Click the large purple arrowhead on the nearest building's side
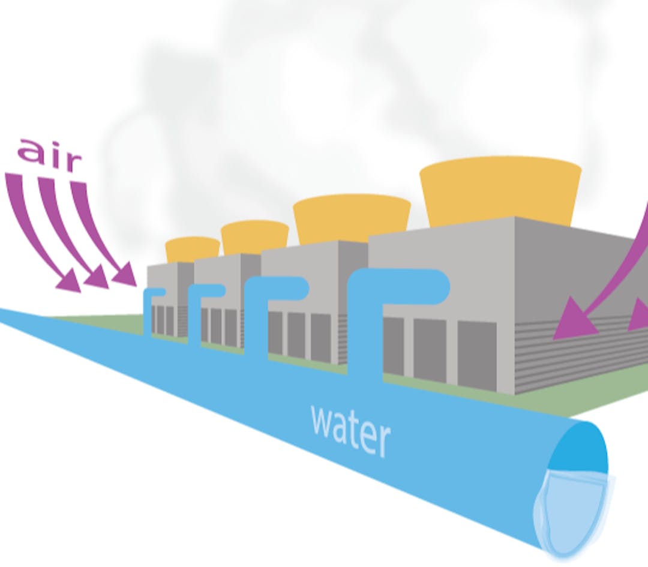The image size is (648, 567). click(x=572, y=324)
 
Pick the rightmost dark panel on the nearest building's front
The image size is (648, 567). click(x=476, y=354)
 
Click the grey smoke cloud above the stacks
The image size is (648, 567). click(x=360, y=90)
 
